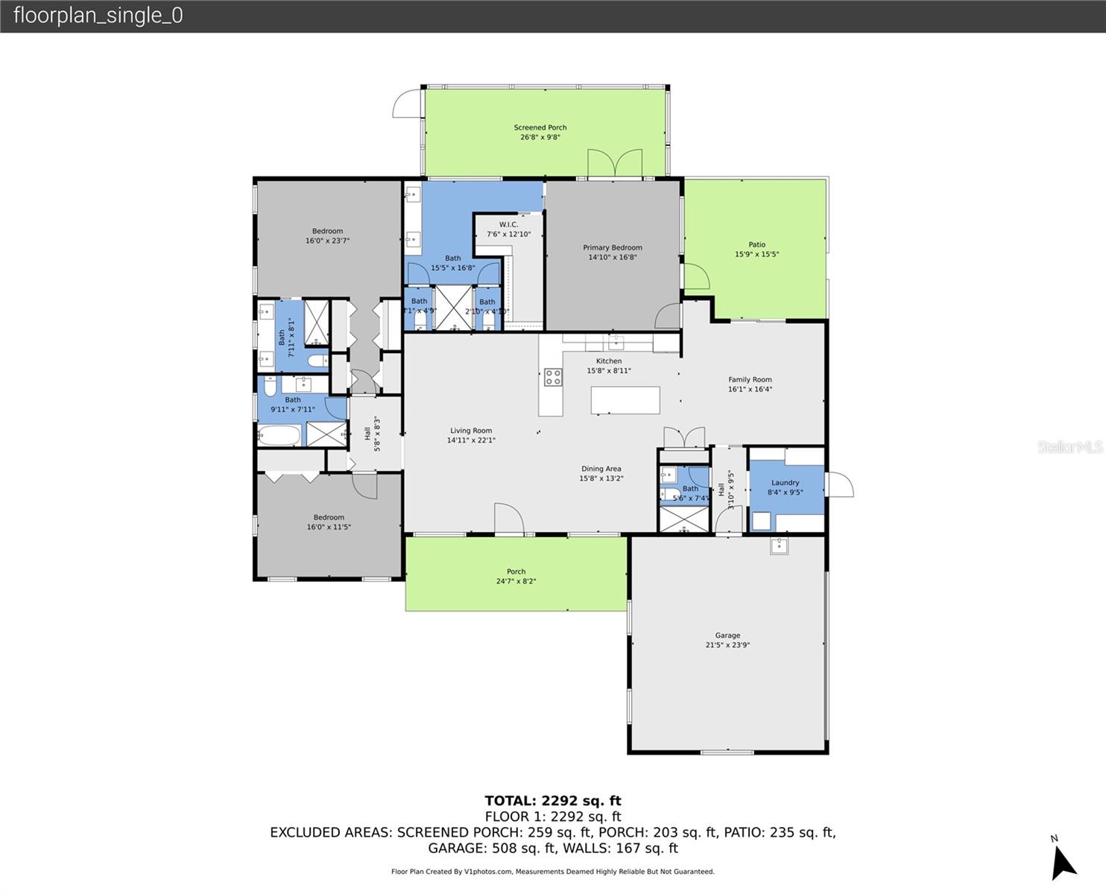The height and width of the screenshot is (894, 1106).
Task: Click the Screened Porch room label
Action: [540, 127]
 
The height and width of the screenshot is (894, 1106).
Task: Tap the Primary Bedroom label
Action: [612, 247]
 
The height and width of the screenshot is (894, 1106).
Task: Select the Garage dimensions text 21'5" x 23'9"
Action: [727, 645]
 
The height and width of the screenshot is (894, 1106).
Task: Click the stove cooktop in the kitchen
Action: [553, 377]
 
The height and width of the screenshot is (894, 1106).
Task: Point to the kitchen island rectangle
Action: [625, 400]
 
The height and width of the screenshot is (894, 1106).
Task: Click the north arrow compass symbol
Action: [1063, 862]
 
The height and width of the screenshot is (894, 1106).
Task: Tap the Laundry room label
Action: [785, 483]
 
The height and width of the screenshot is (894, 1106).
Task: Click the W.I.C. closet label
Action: [508, 224]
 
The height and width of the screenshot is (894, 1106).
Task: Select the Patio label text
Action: [756, 244]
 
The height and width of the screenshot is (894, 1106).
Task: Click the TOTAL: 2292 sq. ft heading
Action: [552, 801]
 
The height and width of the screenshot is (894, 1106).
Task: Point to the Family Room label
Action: [750, 379]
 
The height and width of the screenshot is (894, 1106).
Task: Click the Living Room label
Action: [471, 431]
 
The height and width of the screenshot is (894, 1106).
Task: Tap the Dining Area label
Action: [601, 469]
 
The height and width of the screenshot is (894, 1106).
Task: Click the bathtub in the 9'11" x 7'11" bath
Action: [279, 435]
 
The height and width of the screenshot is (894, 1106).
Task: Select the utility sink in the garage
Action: [779, 546]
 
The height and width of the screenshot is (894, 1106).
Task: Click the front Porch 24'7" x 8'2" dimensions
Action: [516, 581]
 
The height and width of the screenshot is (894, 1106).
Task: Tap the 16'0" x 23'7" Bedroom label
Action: [327, 231]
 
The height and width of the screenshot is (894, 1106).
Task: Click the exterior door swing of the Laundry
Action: [839, 484]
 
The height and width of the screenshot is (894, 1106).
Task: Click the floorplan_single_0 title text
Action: [98, 16]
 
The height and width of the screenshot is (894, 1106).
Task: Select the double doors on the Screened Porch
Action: [615, 163]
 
